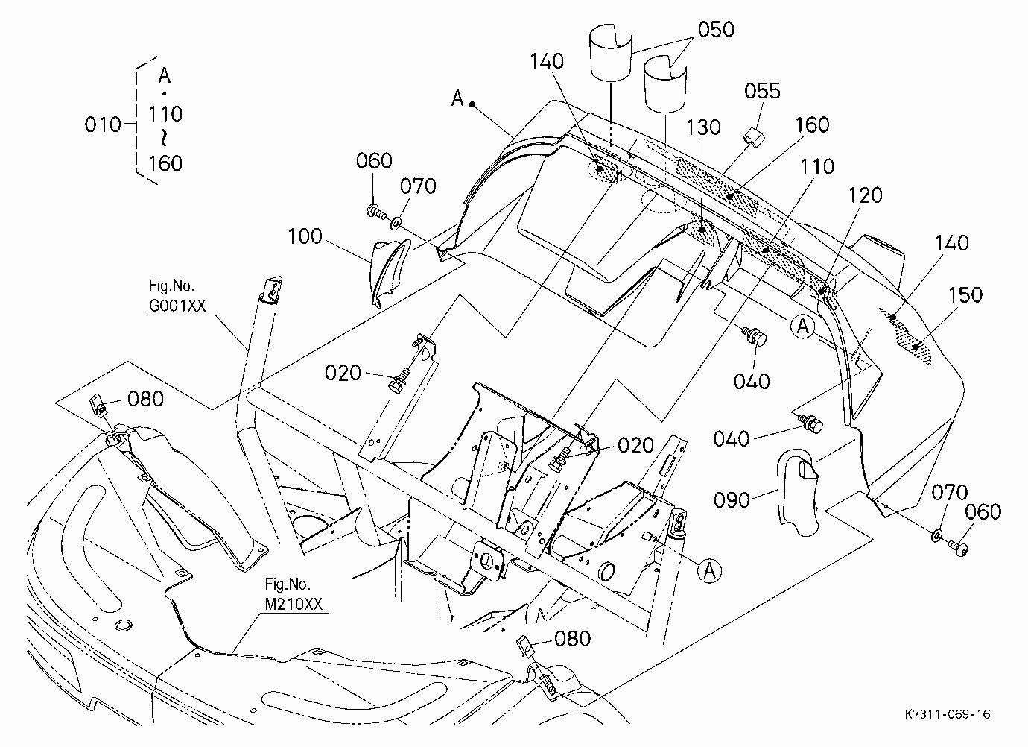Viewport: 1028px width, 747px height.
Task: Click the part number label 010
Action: click(x=103, y=125)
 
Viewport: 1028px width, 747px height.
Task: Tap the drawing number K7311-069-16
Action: click(x=948, y=714)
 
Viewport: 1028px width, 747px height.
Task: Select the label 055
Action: click(x=762, y=91)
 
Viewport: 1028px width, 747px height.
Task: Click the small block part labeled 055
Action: click(x=755, y=136)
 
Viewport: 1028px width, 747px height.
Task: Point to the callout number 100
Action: click(x=305, y=236)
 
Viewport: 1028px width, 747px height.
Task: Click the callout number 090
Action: click(x=732, y=499)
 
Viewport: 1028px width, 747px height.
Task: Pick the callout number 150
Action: click(x=965, y=295)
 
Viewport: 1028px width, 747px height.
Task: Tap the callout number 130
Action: click(x=703, y=127)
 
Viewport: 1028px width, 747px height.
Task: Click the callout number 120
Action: click(x=865, y=195)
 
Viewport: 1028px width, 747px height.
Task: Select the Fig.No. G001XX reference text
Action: click(x=177, y=296)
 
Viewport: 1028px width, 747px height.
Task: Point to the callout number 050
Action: click(x=716, y=29)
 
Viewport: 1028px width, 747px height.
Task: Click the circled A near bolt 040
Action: click(x=803, y=327)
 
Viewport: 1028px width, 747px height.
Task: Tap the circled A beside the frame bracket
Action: click(x=709, y=571)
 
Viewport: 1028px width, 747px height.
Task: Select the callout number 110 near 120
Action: click(x=817, y=166)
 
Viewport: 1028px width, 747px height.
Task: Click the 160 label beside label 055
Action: click(x=812, y=125)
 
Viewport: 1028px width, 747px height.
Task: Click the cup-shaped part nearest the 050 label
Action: click(x=665, y=85)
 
